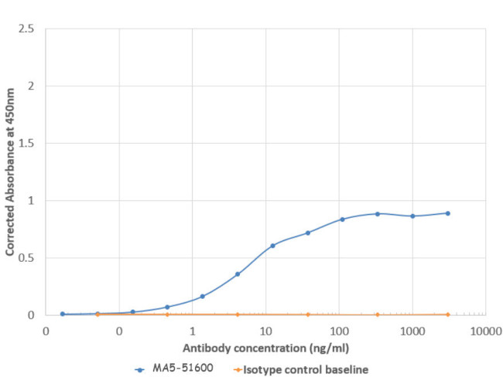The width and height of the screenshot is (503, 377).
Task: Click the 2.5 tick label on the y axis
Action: pyautogui.click(x=26, y=29)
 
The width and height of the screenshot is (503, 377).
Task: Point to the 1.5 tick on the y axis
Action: pyautogui.click(x=26, y=143)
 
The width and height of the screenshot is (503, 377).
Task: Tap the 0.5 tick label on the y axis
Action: pyautogui.click(x=26, y=257)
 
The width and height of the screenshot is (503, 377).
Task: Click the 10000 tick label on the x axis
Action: pyautogui.click(x=485, y=331)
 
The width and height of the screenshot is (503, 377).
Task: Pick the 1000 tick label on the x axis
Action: pyautogui.click(x=412, y=331)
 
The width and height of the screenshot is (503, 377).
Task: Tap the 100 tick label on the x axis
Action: pyautogui.click(x=339, y=331)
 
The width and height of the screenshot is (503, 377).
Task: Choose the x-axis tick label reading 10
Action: pyautogui.click(x=265, y=331)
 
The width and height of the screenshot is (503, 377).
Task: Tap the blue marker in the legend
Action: pyautogui.click(x=139, y=369)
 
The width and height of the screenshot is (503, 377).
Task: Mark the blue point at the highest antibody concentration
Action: pyautogui.click(x=448, y=213)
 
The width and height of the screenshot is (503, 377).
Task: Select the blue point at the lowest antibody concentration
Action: pyautogui.click(x=62, y=314)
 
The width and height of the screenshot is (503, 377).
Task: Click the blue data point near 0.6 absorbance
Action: pyautogui.click(x=272, y=246)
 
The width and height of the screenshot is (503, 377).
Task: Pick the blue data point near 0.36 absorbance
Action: pyautogui.click(x=238, y=274)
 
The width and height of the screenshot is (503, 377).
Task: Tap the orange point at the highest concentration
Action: pyautogui.click(x=448, y=314)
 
